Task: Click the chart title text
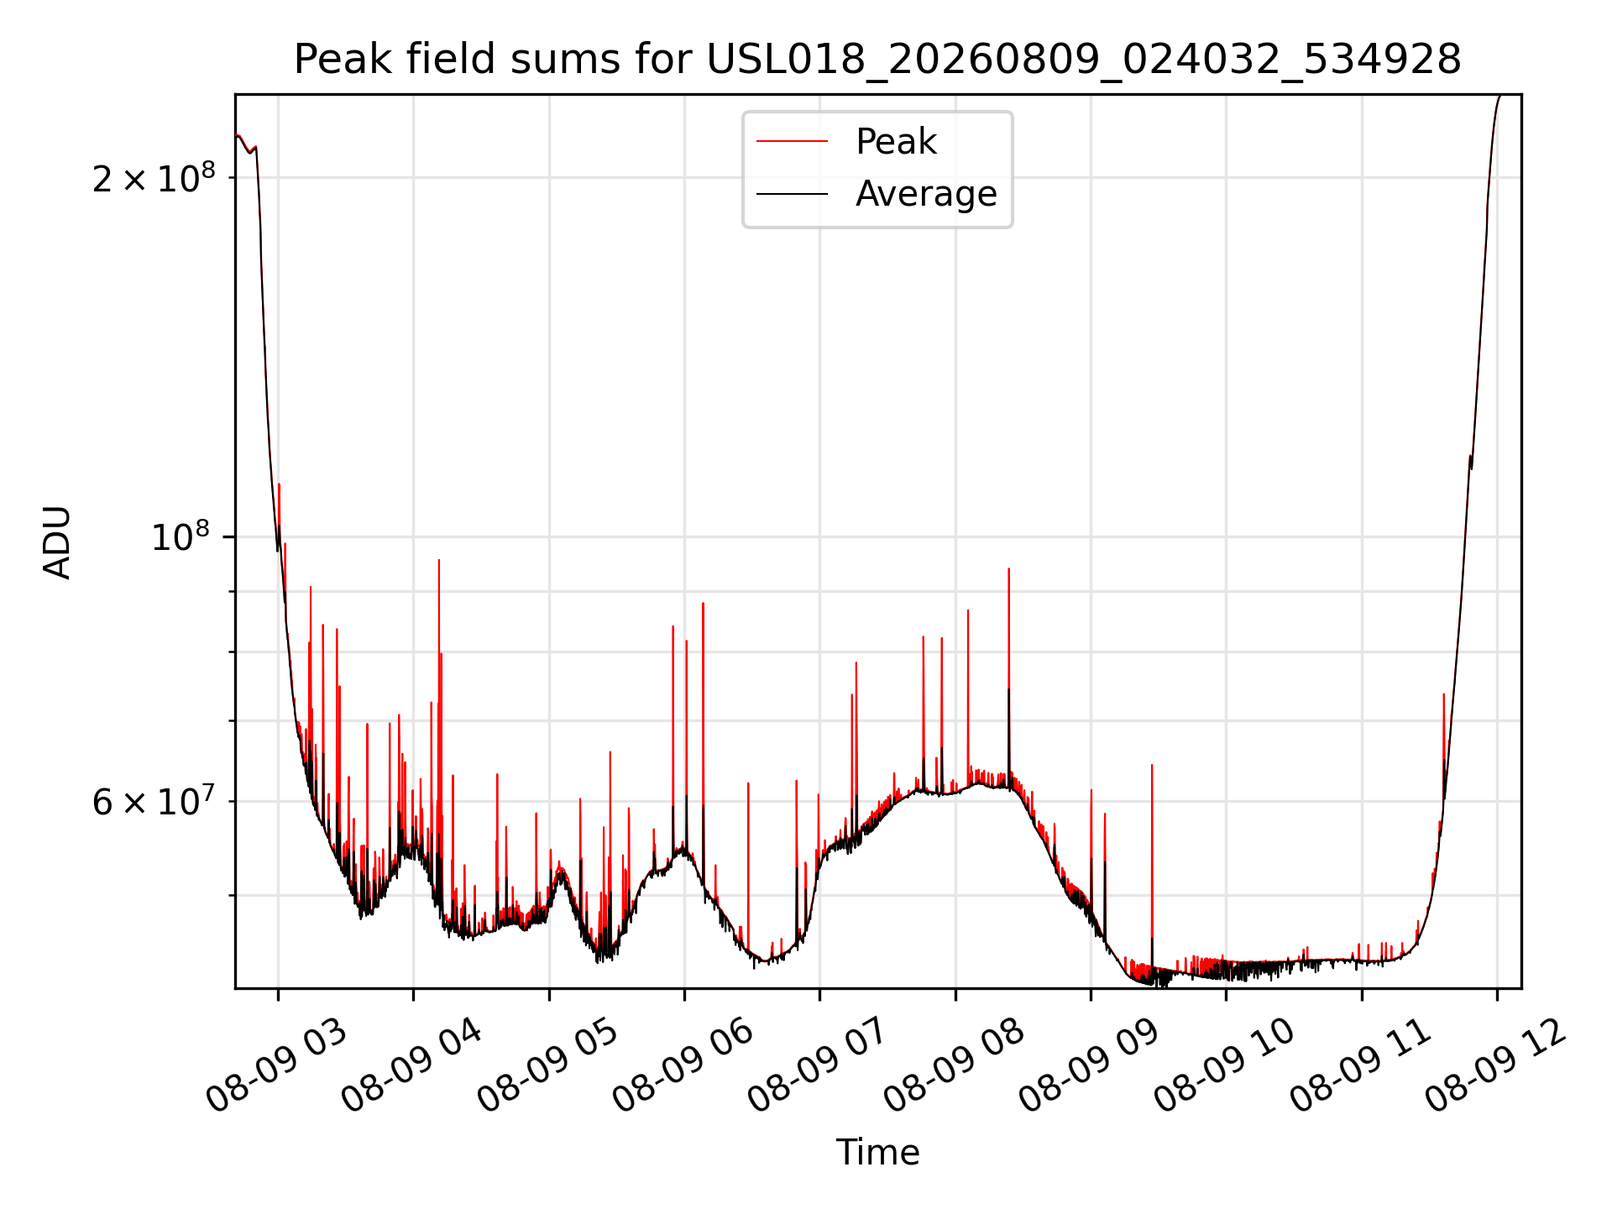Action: (x=877, y=60)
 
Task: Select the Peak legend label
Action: (x=896, y=141)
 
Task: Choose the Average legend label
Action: (x=926, y=194)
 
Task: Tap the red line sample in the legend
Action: (x=792, y=141)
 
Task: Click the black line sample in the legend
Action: (x=792, y=194)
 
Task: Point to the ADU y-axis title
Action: (x=57, y=542)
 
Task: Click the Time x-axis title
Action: (x=877, y=1152)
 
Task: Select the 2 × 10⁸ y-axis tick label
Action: (x=154, y=177)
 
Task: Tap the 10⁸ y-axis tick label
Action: (x=183, y=536)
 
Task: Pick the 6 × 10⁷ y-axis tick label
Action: (x=154, y=801)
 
